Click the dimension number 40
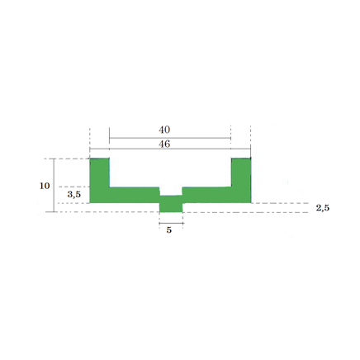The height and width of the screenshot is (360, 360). (x=164, y=130)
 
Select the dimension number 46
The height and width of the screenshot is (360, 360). (x=164, y=144)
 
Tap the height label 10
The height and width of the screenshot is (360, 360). (x=45, y=186)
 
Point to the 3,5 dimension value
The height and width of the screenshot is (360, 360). (x=74, y=195)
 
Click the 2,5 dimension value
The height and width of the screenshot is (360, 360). (x=323, y=208)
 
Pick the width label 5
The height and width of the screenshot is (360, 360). (x=169, y=230)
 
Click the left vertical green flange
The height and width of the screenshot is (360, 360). (x=100, y=173)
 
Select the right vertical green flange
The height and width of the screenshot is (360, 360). (x=241, y=173)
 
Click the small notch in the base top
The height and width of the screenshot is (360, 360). (x=171, y=192)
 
